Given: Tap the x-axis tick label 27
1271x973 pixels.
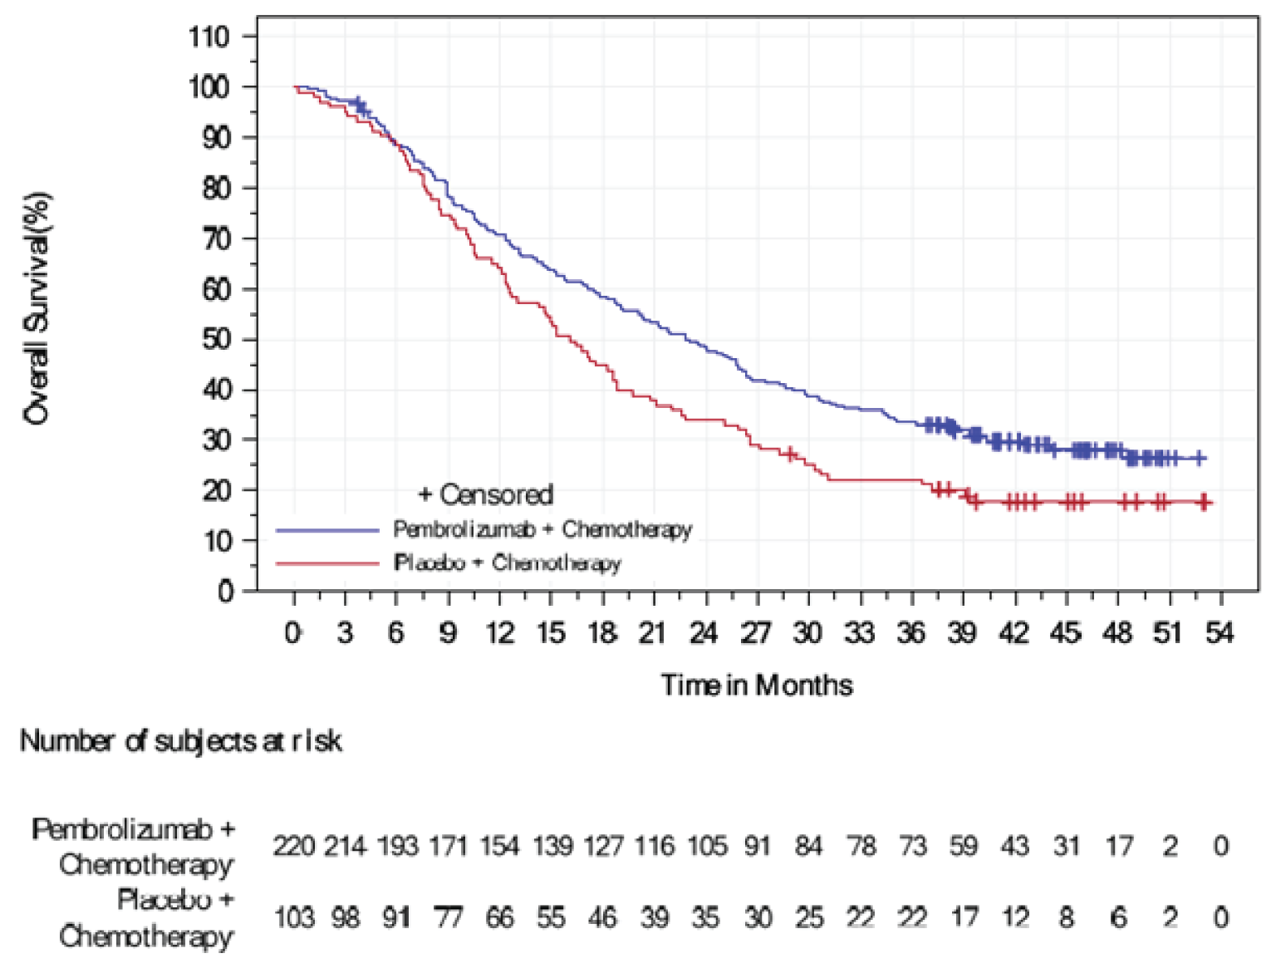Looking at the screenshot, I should coord(756,633).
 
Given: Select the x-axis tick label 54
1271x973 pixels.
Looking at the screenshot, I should coord(1219,633).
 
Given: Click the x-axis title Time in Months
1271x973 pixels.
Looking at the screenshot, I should coord(757,686).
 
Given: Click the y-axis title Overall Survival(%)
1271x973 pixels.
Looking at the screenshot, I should coord(37,309).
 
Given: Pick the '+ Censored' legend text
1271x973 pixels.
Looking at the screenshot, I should coord(485,494).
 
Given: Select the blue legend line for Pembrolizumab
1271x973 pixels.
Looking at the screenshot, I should coord(327,529).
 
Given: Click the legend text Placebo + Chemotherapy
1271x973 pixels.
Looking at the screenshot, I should coord(507,563).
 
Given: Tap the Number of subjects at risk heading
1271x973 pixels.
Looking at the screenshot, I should coord(180,740).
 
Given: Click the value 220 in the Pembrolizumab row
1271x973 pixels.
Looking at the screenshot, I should coord(294,846).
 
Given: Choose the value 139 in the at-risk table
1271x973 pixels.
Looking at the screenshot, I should coord(552,846).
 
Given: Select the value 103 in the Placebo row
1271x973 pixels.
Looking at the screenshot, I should coord(294,917).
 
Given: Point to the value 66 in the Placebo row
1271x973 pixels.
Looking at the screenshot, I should coord(499,917).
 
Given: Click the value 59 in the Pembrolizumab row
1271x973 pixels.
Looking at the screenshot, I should coord(964,846).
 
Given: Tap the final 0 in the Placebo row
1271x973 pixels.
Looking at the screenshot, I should coord(1219,917).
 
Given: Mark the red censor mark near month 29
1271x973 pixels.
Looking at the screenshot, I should coord(790,454).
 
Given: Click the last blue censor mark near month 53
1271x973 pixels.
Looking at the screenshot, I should coord(1199,458).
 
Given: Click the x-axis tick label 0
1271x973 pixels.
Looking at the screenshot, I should coord(292,633).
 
